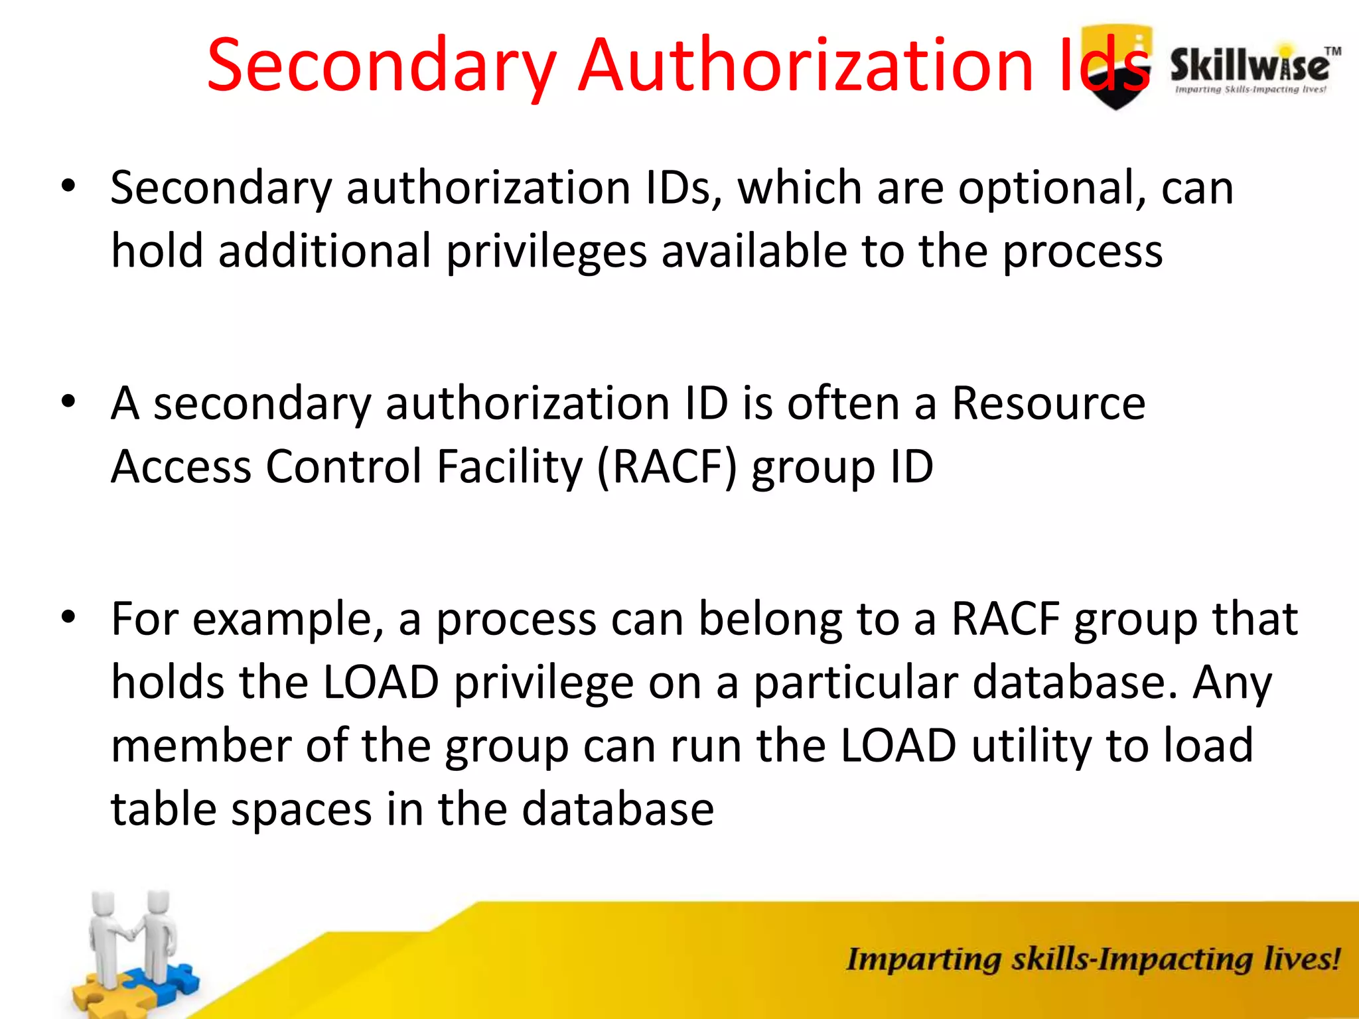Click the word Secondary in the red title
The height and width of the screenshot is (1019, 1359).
382,66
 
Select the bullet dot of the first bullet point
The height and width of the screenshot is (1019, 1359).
68,186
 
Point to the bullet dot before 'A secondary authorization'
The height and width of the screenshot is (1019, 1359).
68,402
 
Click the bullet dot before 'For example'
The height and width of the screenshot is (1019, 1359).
68,618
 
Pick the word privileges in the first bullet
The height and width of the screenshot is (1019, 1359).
545,251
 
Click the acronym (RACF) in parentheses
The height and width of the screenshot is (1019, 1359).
667,466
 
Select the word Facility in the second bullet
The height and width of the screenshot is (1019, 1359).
509,466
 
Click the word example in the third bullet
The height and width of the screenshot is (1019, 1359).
288,619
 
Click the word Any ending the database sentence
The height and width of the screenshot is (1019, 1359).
1232,683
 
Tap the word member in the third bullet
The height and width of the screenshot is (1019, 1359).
201,746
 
